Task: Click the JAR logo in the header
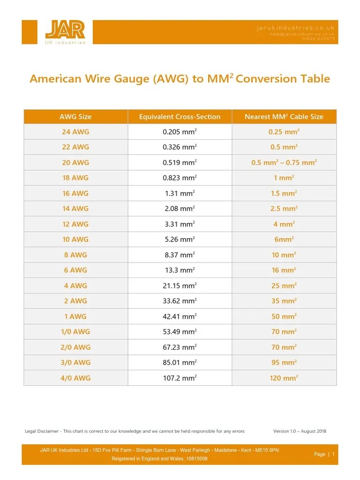tap(65, 32)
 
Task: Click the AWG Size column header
tap(75, 117)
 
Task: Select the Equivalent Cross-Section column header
tap(180, 117)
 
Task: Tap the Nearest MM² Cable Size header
tap(284, 117)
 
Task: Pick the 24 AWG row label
tap(75, 132)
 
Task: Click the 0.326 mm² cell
tap(180, 147)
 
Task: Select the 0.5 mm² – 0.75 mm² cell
tap(284, 163)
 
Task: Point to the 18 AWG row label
tap(75, 178)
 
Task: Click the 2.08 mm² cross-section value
tap(180, 209)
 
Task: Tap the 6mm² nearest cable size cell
tap(284, 240)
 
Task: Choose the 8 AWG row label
tap(75, 255)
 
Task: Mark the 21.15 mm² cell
tap(180, 285)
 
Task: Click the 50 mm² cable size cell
tap(284, 316)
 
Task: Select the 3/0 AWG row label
tap(75, 362)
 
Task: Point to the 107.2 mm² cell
tap(180, 378)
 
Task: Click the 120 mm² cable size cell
tap(284, 378)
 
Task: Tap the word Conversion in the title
tap(266, 79)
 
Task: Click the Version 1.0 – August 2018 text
tap(300, 431)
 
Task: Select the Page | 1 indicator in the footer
tap(324, 454)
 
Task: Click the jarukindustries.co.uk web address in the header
tap(295, 28)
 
